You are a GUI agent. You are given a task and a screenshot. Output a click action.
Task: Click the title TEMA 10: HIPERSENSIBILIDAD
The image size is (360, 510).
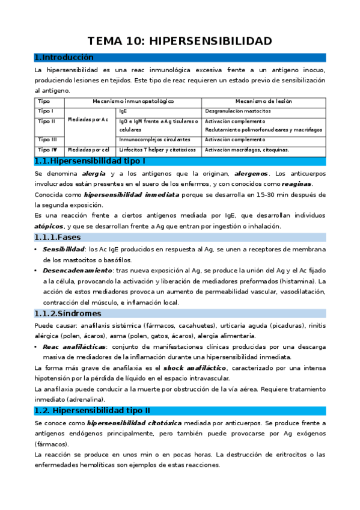click(180, 41)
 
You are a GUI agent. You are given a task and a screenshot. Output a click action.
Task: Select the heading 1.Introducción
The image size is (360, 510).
click(64, 58)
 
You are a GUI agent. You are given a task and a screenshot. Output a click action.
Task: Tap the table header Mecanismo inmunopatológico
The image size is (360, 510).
click(132, 102)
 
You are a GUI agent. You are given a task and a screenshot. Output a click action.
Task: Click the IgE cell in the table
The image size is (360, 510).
click(123, 111)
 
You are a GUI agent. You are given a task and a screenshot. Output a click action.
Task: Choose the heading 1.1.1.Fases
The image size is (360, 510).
click(58, 238)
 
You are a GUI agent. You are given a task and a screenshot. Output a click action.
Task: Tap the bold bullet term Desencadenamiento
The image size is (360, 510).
click(69, 271)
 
